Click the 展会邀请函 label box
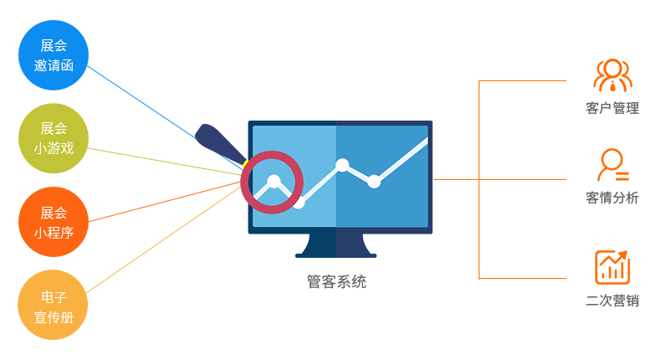click(x=54, y=55)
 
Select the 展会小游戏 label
click(x=54, y=139)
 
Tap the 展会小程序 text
click(x=54, y=222)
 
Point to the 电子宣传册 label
click(x=54, y=306)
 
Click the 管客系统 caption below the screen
click(x=336, y=282)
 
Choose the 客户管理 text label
click(x=612, y=109)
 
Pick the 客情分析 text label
click(x=612, y=198)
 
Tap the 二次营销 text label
click(x=612, y=301)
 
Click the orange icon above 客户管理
click(x=612, y=75)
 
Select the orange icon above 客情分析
click(x=612, y=165)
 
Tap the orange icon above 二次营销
click(x=612, y=267)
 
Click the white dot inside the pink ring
click(x=273, y=180)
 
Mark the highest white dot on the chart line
click(x=341, y=165)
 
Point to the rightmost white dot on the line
click(x=374, y=181)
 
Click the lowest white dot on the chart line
click(x=299, y=203)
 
